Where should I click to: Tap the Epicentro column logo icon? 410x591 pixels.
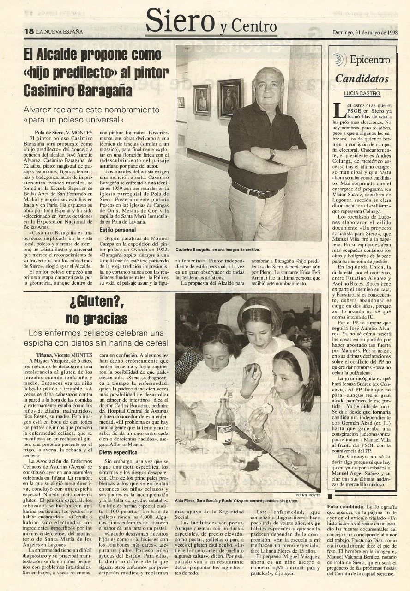tap(340, 60)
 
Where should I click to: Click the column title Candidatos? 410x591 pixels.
tap(362, 79)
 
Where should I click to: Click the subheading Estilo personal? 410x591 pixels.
tap(118, 230)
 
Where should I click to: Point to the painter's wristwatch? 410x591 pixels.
tap(272, 155)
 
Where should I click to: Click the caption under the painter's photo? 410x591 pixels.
tap(217, 249)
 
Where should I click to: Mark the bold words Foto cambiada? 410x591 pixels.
tap(346, 506)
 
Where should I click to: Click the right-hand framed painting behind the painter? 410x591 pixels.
tap(230, 98)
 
